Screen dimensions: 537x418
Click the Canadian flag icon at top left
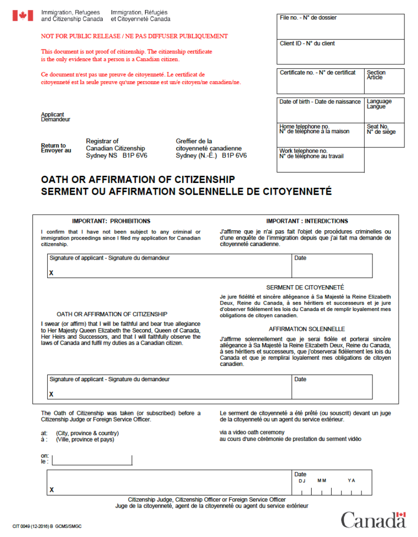coord(23,16)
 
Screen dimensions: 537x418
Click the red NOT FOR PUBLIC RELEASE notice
coord(135,37)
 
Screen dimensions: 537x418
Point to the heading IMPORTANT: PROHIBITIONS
coord(111,221)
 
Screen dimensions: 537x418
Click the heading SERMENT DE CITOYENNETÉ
coord(305,287)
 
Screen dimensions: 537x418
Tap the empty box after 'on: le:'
coord(92,460)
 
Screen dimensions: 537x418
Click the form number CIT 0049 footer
coord(47,526)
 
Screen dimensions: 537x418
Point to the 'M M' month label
coord(322,480)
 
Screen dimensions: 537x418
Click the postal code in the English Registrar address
coord(134,156)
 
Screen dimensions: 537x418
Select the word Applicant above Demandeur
coord(52,114)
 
